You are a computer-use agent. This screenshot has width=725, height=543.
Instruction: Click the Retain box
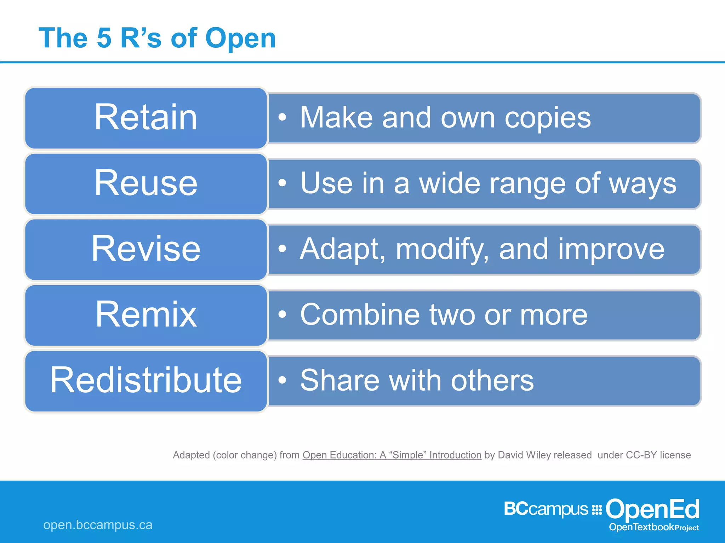(145, 118)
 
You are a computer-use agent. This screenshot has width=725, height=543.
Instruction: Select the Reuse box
(145, 184)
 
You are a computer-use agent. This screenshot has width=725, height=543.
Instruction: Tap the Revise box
(145, 250)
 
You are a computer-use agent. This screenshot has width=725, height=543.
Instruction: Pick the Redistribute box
(145, 381)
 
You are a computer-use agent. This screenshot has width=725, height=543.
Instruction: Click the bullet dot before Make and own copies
(282, 117)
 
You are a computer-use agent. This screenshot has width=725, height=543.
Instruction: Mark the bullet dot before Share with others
(282, 380)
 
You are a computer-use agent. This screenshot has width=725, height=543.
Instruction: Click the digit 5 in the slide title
(104, 38)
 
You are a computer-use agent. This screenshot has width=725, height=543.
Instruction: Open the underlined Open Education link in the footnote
(392, 455)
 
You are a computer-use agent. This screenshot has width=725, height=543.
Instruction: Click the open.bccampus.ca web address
(98, 525)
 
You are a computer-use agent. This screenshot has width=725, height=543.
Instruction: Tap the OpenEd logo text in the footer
(652, 509)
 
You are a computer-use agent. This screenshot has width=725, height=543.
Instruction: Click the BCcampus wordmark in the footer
(546, 509)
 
